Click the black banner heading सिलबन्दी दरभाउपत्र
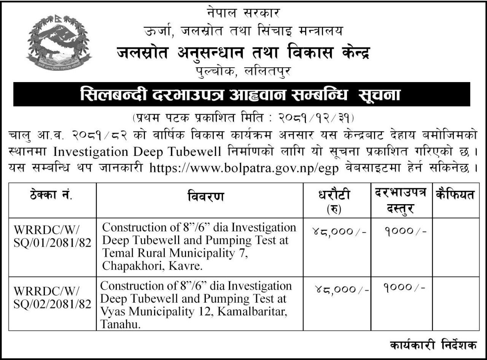[x=240, y=94]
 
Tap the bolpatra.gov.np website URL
[x=244, y=167]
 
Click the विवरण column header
[x=200, y=196]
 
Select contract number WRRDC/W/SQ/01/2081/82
[x=52, y=236]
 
